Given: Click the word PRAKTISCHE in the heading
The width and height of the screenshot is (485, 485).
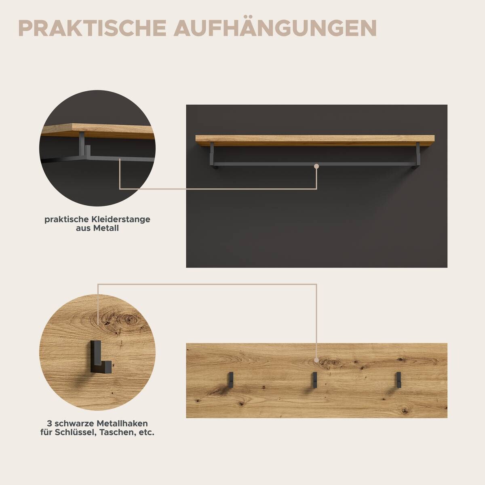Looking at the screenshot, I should (92, 27).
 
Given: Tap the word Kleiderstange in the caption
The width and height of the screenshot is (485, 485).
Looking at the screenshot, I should (120, 219).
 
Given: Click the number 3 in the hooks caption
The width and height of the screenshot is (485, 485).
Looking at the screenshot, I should (49, 424).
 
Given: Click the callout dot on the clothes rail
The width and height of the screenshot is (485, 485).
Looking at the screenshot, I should (316, 166).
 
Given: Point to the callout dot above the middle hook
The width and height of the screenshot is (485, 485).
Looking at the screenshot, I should (316, 360).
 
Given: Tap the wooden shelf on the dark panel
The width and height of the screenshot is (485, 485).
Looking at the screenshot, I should (315, 139).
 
